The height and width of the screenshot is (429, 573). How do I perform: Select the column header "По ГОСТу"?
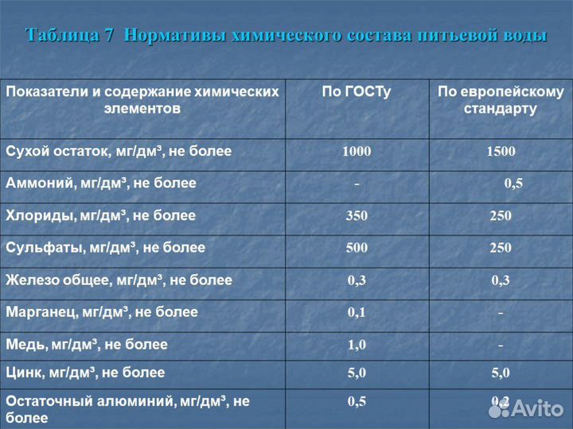tap(356, 92)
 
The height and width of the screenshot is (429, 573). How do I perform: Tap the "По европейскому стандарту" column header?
tap(501, 100)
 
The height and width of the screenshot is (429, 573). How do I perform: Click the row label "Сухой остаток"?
tap(119, 151)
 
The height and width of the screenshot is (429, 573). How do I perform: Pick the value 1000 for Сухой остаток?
tap(356, 152)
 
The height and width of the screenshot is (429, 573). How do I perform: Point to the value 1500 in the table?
tap(501, 152)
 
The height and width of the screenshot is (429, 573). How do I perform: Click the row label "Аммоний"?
tap(101, 184)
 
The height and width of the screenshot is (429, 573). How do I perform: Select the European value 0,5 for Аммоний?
tap(513, 184)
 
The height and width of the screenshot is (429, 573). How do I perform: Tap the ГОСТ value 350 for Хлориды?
tap(357, 216)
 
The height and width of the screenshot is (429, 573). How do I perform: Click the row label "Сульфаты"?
tap(105, 248)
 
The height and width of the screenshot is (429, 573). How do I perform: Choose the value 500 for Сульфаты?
tap(357, 248)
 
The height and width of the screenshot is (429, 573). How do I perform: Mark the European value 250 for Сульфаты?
tap(501, 248)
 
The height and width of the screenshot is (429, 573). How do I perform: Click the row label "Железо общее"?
tap(119, 280)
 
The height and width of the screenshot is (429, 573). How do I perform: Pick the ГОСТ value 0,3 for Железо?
tap(357, 280)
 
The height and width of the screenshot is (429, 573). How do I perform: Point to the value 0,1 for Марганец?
tap(357, 312)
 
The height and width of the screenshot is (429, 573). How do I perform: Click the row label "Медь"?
tap(87, 345)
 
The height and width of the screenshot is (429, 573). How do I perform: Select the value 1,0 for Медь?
tap(357, 345)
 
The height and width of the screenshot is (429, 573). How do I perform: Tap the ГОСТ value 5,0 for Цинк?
tap(357, 373)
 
